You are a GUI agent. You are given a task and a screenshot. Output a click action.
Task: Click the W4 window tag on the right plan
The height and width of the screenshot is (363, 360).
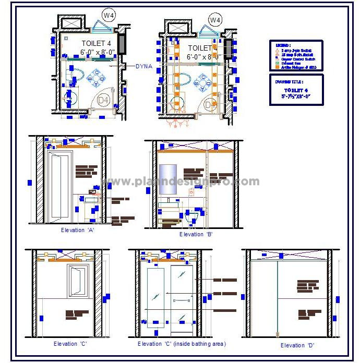[x=215, y=20]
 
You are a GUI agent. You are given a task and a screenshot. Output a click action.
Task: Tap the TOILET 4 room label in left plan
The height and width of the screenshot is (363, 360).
[x=96, y=43]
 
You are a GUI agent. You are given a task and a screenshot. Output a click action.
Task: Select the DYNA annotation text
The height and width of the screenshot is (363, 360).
[x=143, y=66]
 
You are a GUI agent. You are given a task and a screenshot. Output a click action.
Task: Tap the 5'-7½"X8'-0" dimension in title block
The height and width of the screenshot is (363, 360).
[x=296, y=96]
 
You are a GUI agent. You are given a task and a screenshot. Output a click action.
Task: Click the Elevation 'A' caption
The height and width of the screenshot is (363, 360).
[x=78, y=229]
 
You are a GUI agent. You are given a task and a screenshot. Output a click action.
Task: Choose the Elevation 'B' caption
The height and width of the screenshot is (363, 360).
[x=196, y=235]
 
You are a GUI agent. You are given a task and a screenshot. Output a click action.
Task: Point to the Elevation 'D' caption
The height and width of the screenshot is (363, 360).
[x=297, y=345]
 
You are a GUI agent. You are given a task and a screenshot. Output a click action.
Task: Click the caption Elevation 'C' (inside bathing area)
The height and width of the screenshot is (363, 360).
[x=181, y=344]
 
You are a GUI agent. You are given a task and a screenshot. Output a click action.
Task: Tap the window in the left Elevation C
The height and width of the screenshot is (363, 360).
[x=77, y=281]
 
